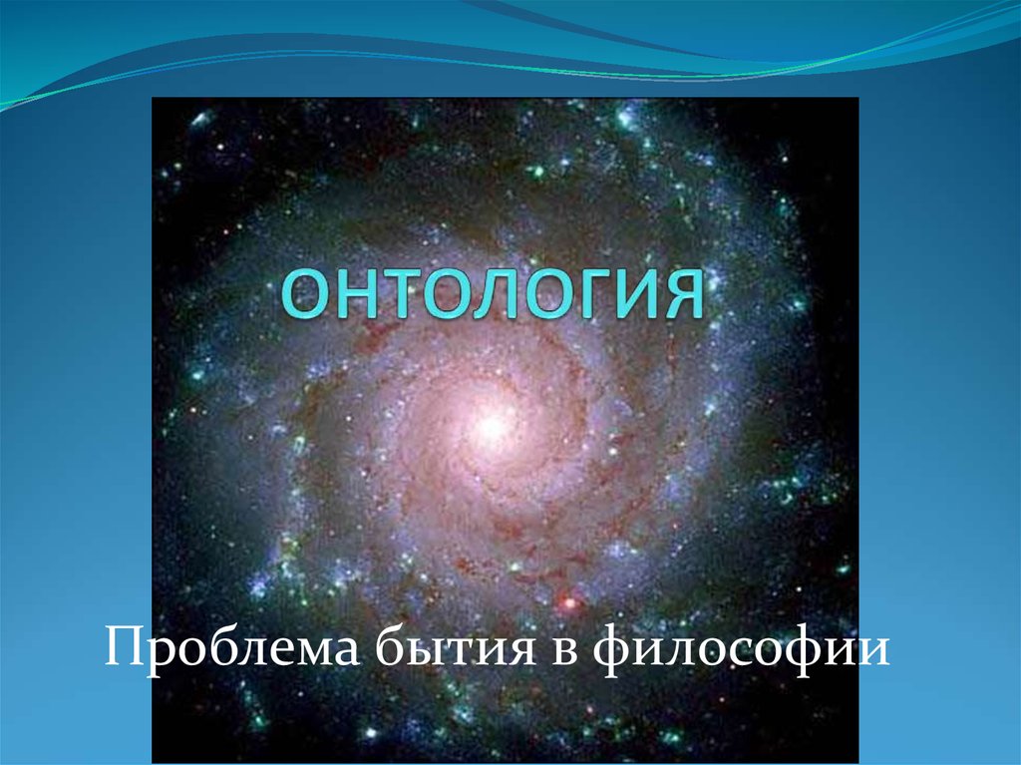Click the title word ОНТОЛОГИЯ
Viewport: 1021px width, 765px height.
(493, 294)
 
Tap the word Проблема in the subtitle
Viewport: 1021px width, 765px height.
(232, 649)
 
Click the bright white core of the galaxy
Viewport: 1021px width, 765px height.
(491, 426)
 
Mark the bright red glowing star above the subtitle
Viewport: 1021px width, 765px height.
(569, 602)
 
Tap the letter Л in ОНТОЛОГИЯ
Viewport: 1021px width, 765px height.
(478, 295)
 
